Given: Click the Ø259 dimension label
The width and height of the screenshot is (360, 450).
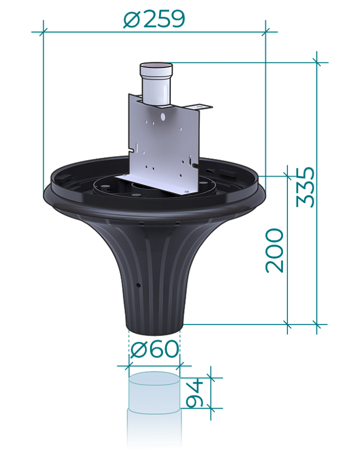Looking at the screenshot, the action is [154, 19].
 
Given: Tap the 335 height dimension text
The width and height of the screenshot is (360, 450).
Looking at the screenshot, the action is [306, 187].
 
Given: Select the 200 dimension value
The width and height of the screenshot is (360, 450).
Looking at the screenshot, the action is [275, 250].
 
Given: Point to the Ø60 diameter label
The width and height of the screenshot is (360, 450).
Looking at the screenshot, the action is [155, 349].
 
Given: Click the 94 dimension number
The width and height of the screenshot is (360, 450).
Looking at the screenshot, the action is [195, 393].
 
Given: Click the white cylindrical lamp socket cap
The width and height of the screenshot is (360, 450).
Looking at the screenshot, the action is [156, 84].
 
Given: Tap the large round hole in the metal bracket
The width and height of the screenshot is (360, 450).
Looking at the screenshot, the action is [163, 117].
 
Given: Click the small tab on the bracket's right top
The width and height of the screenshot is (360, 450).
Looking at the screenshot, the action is [198, 107].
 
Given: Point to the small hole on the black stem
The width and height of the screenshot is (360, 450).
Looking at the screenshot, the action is [138, 286].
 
